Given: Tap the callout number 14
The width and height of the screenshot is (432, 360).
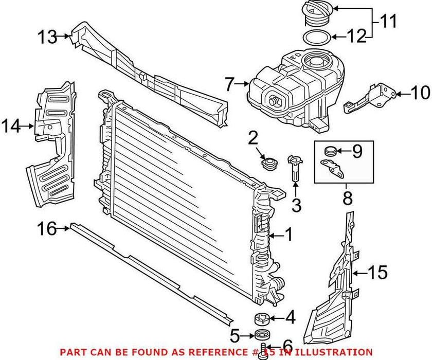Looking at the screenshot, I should (x=11, y=125).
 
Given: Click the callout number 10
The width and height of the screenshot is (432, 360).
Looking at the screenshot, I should (x=420, y=93).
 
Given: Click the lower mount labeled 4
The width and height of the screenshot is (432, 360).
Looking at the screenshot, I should (x=263, y=318).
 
